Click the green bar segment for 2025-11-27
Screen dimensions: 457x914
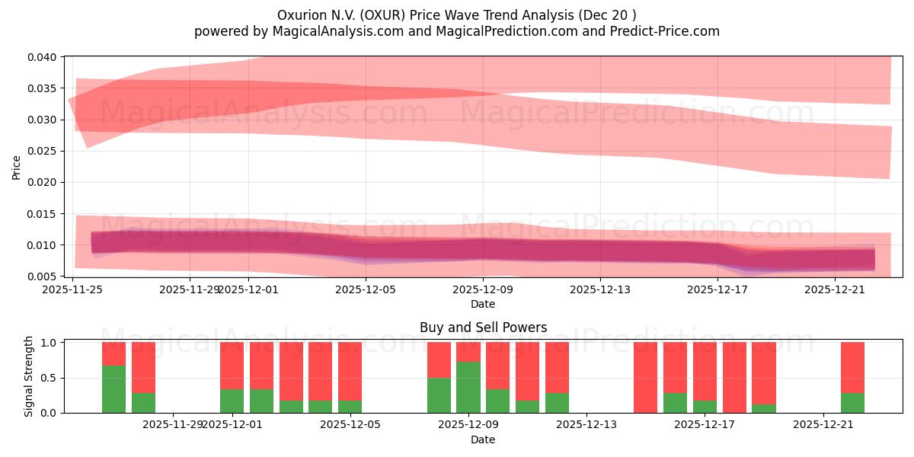coord(113,389)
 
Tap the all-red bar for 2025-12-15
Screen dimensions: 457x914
coord(645,377)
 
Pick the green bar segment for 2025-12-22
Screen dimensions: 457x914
coord(852,403)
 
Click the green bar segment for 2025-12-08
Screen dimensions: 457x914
coord(439,395)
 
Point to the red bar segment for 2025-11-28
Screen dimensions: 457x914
coord(143,367)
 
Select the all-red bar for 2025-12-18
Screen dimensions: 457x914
coord(734,377)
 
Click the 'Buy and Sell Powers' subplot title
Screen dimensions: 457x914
coord(483,328)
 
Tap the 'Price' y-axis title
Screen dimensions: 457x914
coord(17,167)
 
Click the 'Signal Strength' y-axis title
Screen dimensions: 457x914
coord(29,376)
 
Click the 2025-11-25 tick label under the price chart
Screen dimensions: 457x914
coord(73,289)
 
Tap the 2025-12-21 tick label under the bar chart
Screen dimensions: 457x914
coord(823,425)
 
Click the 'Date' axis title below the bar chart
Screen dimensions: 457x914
coord(483,439)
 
